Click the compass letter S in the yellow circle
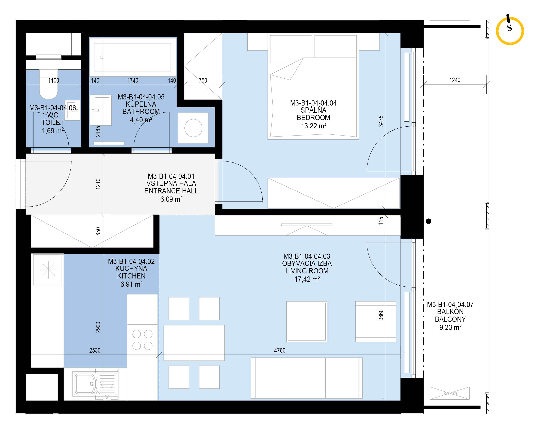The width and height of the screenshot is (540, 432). click(509, 28)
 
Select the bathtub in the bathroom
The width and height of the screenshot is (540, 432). click(133, 57)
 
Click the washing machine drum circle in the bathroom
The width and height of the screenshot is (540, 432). click(193, 128)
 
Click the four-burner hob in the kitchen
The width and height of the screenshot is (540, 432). click(142, 340)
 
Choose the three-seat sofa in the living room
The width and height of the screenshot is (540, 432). click(307, 378)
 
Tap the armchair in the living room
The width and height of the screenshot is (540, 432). click(376, 321)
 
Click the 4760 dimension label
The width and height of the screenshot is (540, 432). click(280, 350)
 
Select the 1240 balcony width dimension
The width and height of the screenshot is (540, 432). click(455, 80)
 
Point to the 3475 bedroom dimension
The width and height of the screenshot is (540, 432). click(381, 121)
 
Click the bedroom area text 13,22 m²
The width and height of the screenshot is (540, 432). click(314, 126)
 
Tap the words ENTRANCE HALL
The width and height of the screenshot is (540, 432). click(171, 191)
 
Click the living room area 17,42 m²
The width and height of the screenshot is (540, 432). click(307, 279)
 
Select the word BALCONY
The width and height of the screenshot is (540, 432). click(450, 319)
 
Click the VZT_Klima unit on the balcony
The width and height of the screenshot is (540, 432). click(449, 393)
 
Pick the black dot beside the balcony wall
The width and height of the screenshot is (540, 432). click(429, 221)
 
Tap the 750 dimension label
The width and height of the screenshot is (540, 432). click(203, 80)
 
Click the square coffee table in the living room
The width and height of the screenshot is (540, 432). click(307, 321)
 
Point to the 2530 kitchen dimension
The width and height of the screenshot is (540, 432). click(95, 350)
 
